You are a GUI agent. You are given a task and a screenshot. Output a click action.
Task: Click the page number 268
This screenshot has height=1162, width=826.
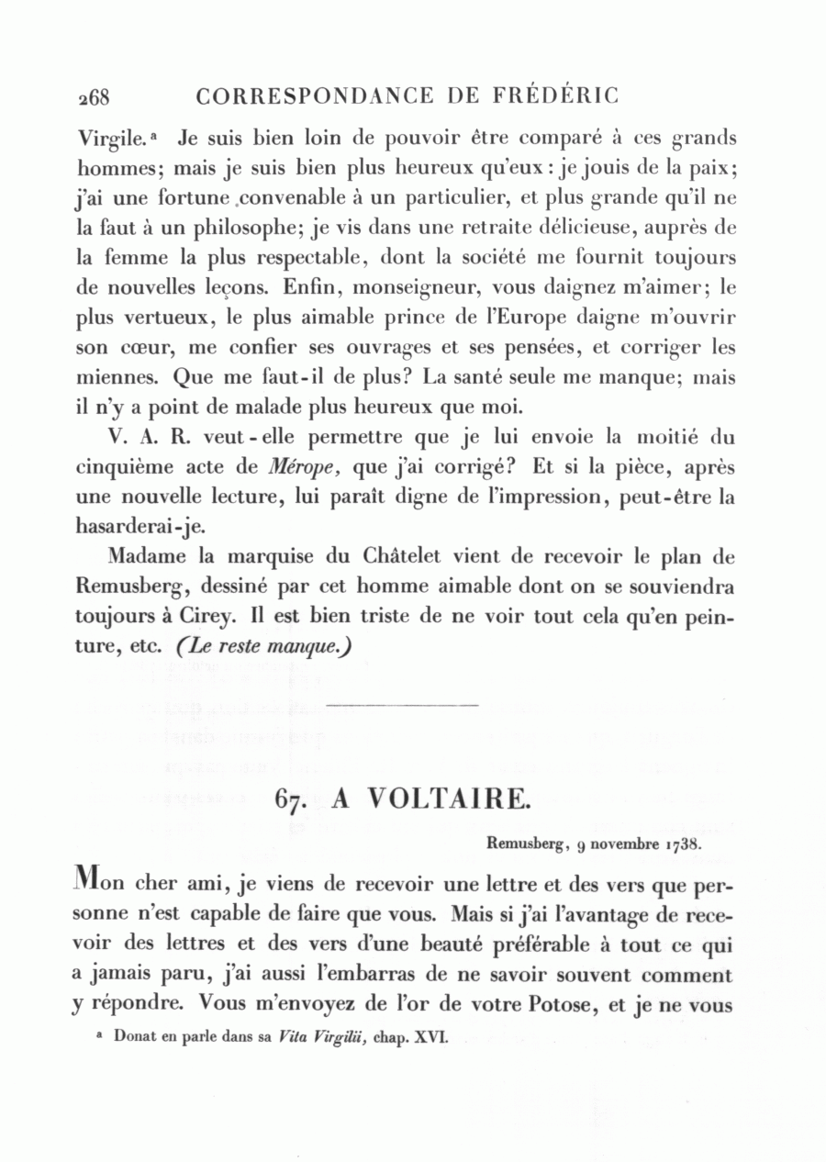coord(94,96)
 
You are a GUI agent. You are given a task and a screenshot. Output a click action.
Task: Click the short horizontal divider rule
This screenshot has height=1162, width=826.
coord(403,705)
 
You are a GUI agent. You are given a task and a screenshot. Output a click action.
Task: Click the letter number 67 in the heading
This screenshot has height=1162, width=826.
coord(290,799)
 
